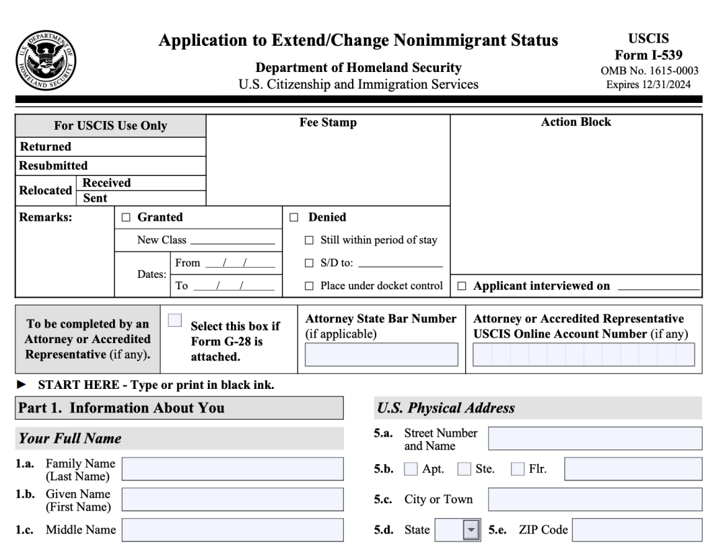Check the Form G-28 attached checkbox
[x=175, y=321]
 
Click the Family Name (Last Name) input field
[x=232, y=469]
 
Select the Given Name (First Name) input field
[x=232, y=499]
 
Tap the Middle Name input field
[x=232, y=529]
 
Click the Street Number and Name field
[x=594, y=439]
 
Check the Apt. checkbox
[x=410, y=469]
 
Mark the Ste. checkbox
[x=464, y=469]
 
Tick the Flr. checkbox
[x=518, y=469]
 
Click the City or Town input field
[x=594, y=499]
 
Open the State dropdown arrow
[x=470, y=529]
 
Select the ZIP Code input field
[x=637, y=529]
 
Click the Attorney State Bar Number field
[x=381, y=354]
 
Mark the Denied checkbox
[x=293, y=218]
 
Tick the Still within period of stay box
[x=309, y=240]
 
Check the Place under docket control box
[x=309, y=286]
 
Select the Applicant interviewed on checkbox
[x=462, y=286]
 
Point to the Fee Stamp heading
[x=328, y=123]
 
